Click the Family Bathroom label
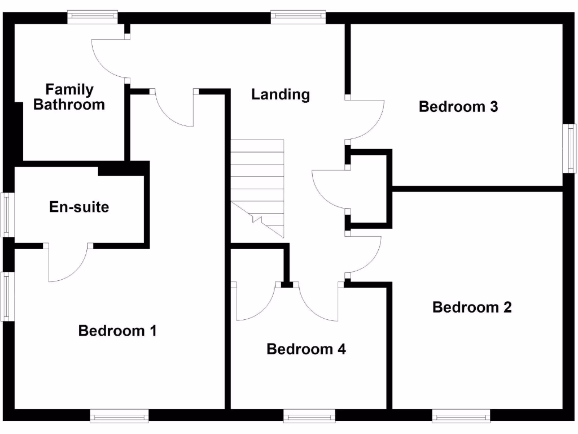pyautogui.click(x=69, y=97)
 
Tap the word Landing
pyautogui.click(x=281, y=94)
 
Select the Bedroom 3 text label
pyautogui.click(x=458, y=107)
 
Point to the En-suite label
pyautogui.click(x=79, y=207)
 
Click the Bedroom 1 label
pyautogui.click(x=117, y=331)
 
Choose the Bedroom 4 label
pyautogui.click(x=306, y=349)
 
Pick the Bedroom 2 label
pyautogui.click(x=472, y=307)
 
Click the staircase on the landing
pyautogui.click(x=257, y=186)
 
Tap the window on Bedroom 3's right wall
pyautogui.click(x=571, y=149)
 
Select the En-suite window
pyautogui.click(x=6, y=214)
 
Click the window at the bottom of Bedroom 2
pyautogui.click(x=461, y=416)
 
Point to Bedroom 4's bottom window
pyautogui.click(x=309, y=416)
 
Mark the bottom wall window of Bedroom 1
pyautogui.click(x=119, y=416)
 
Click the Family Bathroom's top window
pyautogui.click(x=93, y=16)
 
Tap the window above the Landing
pyautogui.click(x=298, y=16)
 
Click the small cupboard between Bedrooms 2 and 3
pyautogui.click(x=368, y=189)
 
